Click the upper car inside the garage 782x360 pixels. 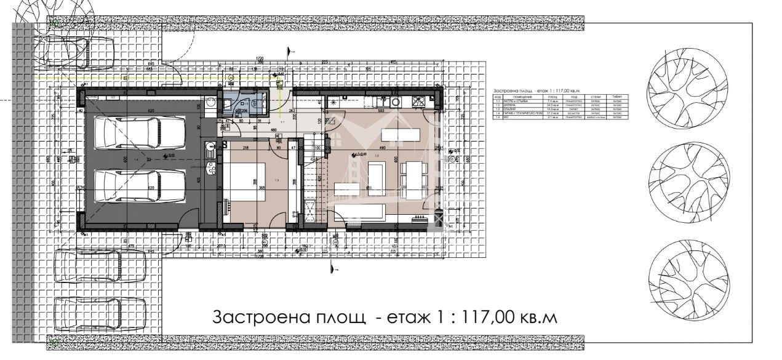tap(140, 134)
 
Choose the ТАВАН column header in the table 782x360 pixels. tap(617, 97)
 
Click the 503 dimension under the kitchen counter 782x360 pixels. tap(381, 111)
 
